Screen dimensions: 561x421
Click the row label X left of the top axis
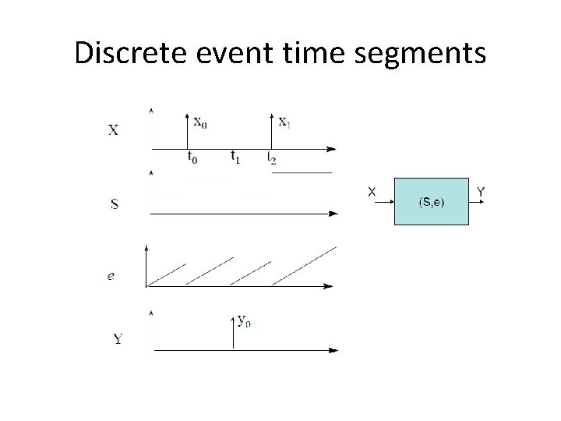tap(114, 130)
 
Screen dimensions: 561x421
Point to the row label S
tap(114, 205)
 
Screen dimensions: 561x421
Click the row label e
tap(111, 275)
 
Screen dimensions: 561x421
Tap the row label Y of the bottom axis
tap(117, 338)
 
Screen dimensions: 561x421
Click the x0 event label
tap(200, 122)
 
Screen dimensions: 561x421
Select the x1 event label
tap(286, 122)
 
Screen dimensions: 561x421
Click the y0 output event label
tap(244, 320)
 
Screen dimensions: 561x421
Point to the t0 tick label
tap(192, 157)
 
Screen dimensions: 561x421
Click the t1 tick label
tap(235, 157)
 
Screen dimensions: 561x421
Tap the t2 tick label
tap(271, 157)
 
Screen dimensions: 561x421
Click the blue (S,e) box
tap(432, 202)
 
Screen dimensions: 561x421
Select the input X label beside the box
tap(372, 190)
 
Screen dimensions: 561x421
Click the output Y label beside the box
tap(480, 190)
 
